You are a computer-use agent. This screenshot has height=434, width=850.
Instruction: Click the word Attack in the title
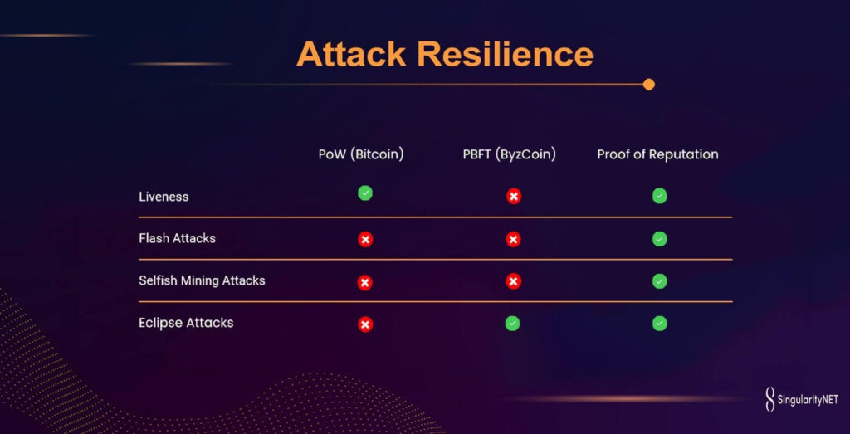(351, 54)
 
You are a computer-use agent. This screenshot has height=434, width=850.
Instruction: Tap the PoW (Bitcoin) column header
(361, 154)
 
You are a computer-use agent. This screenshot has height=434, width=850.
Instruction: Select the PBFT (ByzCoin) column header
(510, 154)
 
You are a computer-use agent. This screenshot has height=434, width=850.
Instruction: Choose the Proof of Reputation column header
(657, 154)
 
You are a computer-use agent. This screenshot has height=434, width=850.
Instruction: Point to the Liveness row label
(164, 197)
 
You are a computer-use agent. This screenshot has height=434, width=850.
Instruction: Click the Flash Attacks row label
(178, 238)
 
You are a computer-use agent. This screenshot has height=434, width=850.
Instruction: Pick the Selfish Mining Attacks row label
(203, 280)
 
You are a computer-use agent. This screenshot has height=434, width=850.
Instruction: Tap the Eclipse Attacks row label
(186, 323)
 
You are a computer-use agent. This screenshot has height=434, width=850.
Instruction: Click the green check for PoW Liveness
(365, 193)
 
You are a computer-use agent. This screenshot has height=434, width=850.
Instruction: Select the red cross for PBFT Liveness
(514, 197)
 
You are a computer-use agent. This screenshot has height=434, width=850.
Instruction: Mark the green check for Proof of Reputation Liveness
(660, 196)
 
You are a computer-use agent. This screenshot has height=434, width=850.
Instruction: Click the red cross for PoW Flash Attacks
(365, 240)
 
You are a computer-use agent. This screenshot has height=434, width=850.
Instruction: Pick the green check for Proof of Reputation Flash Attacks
(660, 239)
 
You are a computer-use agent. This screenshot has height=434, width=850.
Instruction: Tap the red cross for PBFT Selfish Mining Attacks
(514, 281)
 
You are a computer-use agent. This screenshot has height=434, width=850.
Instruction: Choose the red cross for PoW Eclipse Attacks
(365, 324)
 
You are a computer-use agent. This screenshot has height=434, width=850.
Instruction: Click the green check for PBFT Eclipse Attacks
(512, 324)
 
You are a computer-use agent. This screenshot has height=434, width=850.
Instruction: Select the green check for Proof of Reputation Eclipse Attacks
(660, 324)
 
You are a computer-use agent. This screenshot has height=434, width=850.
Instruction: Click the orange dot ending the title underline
(649, 85)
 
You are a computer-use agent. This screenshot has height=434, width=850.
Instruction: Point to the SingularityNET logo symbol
(769, 399)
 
